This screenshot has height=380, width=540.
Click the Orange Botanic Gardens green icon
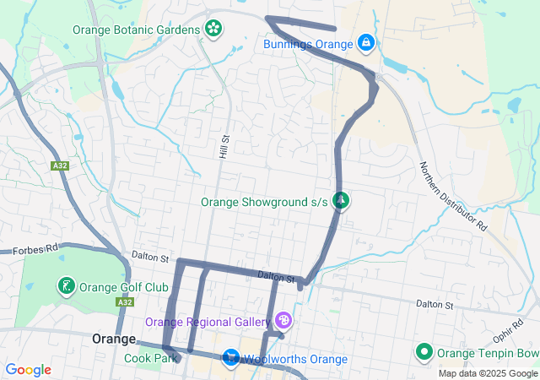(213, 29)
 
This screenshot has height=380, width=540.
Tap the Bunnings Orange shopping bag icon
(365, 41)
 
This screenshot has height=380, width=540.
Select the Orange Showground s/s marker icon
(341, 201)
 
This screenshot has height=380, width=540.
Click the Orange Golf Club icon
(65, 286)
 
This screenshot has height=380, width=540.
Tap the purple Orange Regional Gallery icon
(283, 321)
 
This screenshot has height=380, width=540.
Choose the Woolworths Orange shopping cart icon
(230, 359)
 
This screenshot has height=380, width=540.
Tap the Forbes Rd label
(35, 250)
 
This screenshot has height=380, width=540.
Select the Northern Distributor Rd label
(454, 197)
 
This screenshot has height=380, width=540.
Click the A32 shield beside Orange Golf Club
(125, 302)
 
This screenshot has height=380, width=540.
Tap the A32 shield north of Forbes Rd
(59, 166)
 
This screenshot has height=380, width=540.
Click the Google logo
(28, 370)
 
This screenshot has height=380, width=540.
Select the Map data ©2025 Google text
(487, 373)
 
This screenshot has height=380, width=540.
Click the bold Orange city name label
(114, 339)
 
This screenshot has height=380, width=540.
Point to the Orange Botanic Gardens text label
(136, 29)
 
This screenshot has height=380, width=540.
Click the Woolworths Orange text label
(296, 360)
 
